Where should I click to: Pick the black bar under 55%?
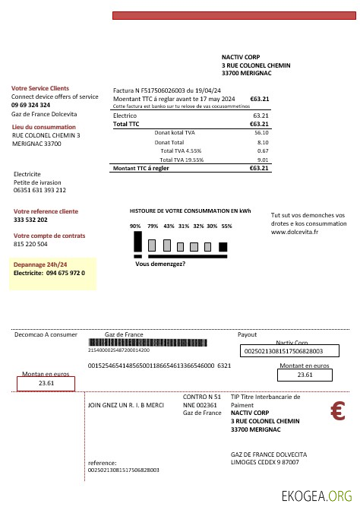pos(223,246)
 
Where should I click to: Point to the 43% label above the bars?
pos(169,226)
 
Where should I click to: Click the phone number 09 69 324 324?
pos(31,105)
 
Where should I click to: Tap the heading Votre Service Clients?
pos(40,88)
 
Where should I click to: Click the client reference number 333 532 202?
pos(31,220)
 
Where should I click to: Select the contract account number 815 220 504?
pos(30,245)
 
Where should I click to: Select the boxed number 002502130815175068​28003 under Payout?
pos(282,351)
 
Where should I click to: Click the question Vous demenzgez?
pos(160,264)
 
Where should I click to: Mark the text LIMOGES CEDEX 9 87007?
pos(264,461)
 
